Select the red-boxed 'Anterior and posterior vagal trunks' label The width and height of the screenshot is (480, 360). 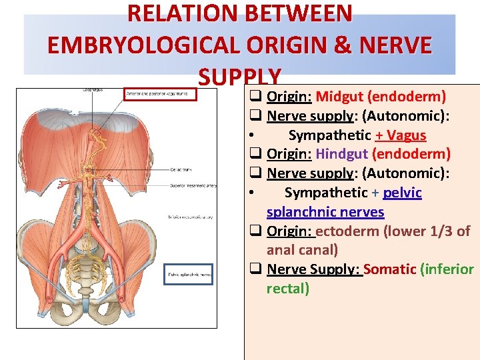point(161,95)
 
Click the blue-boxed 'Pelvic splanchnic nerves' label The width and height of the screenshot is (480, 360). point(189,274)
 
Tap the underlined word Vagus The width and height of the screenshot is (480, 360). point(405,135)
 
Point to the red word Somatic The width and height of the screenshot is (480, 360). point(390,269)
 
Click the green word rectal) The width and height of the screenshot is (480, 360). point(288,289)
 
